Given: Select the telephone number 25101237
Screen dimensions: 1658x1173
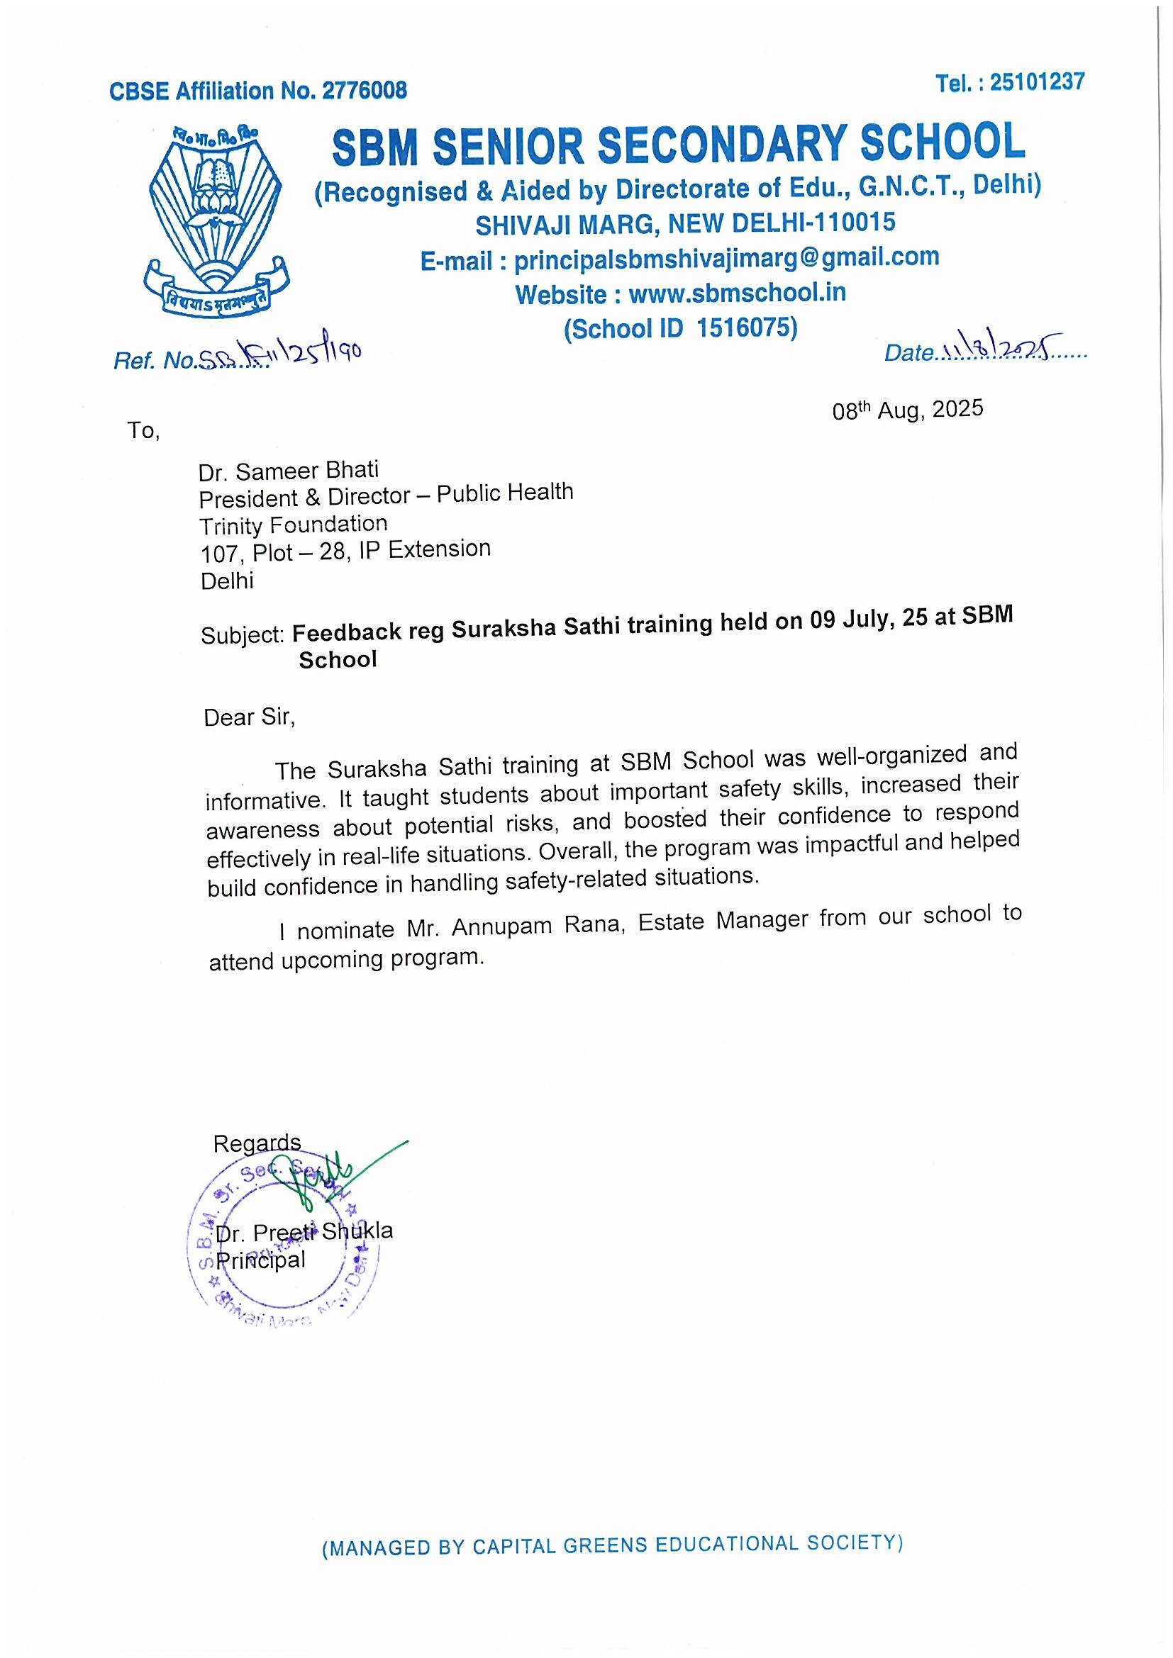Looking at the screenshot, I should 1037,82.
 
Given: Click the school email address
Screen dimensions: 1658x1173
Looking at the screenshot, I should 726,259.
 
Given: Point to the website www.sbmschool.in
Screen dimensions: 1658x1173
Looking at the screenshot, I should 737,293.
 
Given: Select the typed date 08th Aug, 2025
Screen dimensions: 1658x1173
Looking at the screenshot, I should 907,410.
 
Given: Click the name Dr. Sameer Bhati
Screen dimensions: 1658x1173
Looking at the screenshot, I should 288,471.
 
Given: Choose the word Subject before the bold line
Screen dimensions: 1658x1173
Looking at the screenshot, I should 243,634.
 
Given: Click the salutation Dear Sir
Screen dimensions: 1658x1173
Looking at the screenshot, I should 249,717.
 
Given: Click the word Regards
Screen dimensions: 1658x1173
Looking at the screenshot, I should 257,1143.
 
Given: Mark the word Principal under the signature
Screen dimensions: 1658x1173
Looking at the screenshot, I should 262,1260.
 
